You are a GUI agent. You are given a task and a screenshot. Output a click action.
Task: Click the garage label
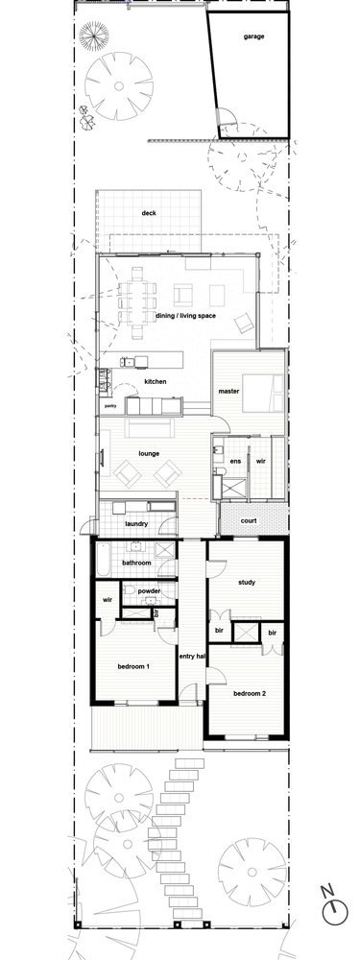point(253,37)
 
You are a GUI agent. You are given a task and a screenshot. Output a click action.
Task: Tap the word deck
point(149,213)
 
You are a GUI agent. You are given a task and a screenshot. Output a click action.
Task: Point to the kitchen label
point(156,382)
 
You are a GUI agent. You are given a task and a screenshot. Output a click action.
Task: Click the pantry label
point(111,407)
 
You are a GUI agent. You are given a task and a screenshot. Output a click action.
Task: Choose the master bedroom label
point(228,391)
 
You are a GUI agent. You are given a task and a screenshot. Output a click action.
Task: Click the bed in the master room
point(262,391)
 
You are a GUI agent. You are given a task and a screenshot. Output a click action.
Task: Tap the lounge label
point(149,453)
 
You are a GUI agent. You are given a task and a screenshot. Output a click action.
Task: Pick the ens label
point(235,462)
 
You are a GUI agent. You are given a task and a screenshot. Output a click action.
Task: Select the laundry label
point(135,523)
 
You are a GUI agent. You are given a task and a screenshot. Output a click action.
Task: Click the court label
point(249,521)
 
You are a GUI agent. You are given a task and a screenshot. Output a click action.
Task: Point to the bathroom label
point(136,563)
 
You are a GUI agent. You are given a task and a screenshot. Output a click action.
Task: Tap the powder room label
point(148,591)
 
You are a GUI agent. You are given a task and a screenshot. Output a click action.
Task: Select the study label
point(245,582)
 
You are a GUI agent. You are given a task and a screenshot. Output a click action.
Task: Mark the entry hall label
point(193,657)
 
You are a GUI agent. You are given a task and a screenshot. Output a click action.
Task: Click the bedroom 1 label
point(133,666)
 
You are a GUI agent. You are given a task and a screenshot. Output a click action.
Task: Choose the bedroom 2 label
point(250,692)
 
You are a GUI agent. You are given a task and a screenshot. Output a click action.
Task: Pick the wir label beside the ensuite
point(260,462)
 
